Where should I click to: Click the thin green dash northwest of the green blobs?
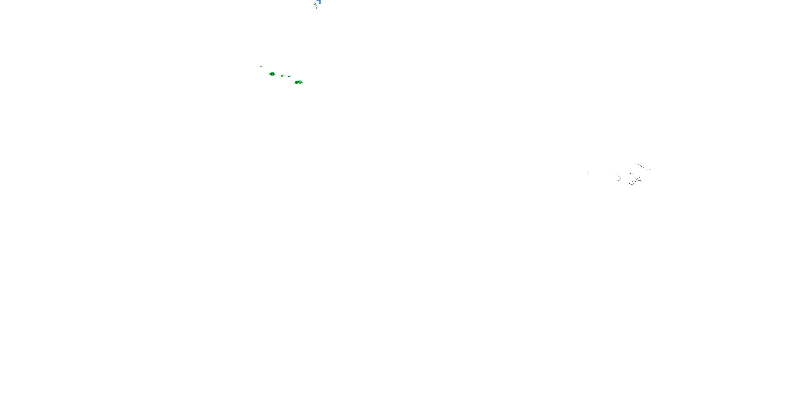click(261, 67)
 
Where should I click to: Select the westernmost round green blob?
click(272, 74)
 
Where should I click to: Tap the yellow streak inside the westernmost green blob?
click(273, 75)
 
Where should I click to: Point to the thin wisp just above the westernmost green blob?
click(271, 72)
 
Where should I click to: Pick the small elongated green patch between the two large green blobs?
click(282, 76)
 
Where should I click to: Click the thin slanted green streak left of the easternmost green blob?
click(290, 77)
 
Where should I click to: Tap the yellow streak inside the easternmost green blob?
click(297, 82)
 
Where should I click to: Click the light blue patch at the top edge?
click(320, 2)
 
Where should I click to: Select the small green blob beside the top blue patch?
click(315, 4)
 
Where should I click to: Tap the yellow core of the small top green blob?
click(315, 4)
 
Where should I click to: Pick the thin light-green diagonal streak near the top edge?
click(316, 6)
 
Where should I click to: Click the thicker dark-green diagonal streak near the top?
click(317, 8)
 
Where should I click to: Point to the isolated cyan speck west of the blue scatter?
click(588, 174)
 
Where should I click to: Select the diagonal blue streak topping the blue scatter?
click(641, 166)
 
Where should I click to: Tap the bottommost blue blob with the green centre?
click(631, 185)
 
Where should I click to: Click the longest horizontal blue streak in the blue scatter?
click(639, 180)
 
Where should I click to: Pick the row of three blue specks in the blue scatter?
click(618, 181)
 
